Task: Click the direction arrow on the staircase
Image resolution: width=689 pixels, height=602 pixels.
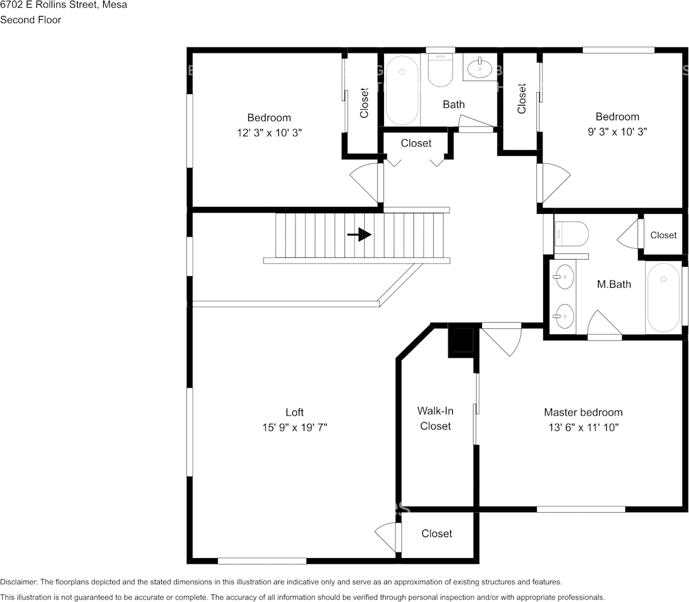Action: pos(359,234)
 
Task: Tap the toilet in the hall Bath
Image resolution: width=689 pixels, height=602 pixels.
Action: pos(440,70)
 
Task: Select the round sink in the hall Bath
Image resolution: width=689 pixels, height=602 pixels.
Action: pos(479,67)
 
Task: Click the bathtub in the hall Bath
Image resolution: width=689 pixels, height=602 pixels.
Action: pos(402,90)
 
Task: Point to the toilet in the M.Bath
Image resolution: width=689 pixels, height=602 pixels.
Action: pos(571,234)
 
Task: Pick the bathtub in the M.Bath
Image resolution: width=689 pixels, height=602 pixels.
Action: pos(663,297)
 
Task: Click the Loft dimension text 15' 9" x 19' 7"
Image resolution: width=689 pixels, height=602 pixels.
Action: pos(295,427)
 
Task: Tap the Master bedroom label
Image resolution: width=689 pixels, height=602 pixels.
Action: pos(583,412)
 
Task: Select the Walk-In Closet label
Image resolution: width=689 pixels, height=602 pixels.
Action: pos(436,419)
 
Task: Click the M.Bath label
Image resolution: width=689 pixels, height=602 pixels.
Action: pos(614,284)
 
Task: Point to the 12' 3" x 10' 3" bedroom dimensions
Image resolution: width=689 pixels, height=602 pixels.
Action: pos(269,132)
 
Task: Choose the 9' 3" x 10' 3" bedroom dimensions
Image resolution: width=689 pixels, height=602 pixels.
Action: pos(618,132)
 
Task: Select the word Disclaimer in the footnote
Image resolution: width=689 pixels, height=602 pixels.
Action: pos(19,582)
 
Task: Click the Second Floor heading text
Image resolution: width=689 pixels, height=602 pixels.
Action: pos(31,20)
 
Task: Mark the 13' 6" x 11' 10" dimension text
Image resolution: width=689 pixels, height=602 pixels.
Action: pos(583,427)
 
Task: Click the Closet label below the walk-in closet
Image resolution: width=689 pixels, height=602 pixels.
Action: pos(437,533)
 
